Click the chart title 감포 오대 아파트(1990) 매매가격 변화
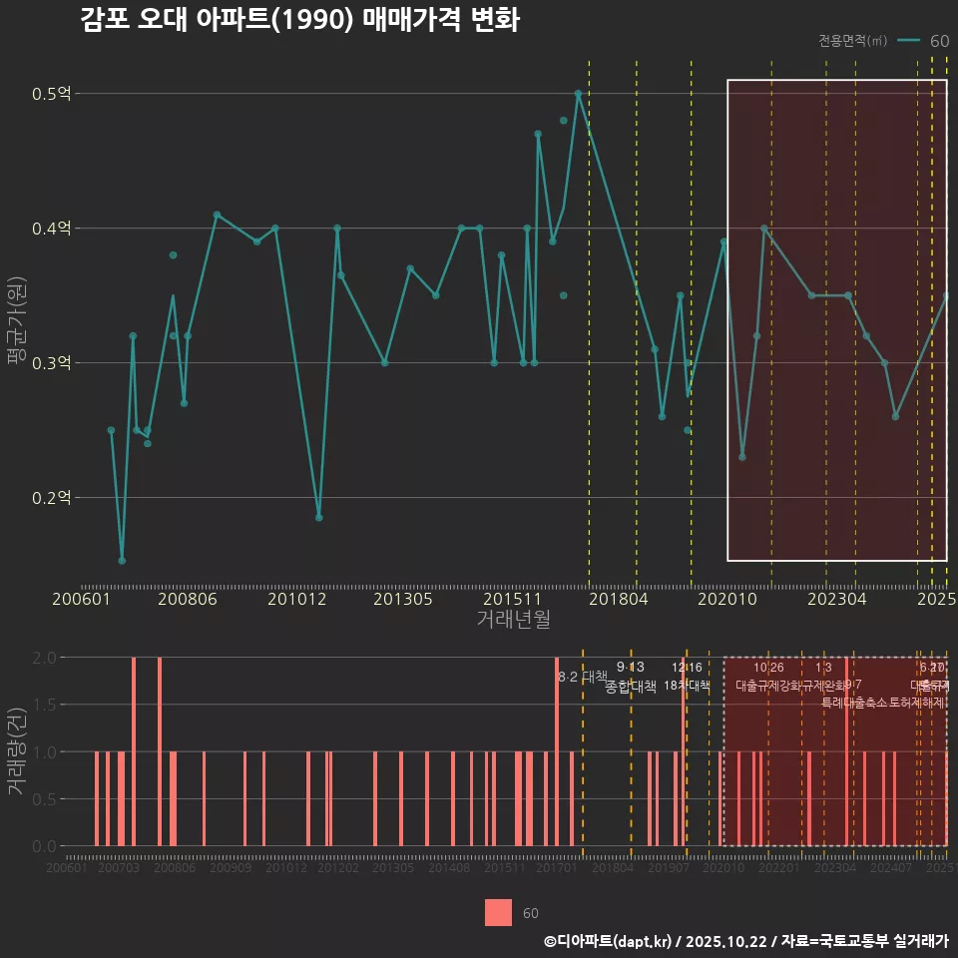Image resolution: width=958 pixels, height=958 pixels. [299, 21]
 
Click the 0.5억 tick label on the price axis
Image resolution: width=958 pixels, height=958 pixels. [52, 94]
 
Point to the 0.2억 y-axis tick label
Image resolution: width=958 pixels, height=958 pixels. [52, 497]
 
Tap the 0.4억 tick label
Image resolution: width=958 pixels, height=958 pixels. [52, 229]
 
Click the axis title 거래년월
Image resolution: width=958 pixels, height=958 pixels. [513, 620]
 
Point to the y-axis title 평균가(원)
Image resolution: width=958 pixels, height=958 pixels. [17, 329]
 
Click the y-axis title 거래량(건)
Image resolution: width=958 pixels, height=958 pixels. [17, 751]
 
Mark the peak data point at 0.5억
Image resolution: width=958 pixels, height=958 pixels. [578, 94]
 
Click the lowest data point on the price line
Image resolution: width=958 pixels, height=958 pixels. [122, 561]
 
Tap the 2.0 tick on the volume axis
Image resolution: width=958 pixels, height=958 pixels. [44, 658]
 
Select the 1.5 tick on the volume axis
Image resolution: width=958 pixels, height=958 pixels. [44, 705]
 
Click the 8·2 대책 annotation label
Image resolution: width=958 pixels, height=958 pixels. [583, 677]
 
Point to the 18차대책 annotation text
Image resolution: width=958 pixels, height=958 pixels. [687, 687]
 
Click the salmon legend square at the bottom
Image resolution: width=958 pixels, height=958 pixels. [499, 912]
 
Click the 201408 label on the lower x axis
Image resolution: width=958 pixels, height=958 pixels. [449, 869]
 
